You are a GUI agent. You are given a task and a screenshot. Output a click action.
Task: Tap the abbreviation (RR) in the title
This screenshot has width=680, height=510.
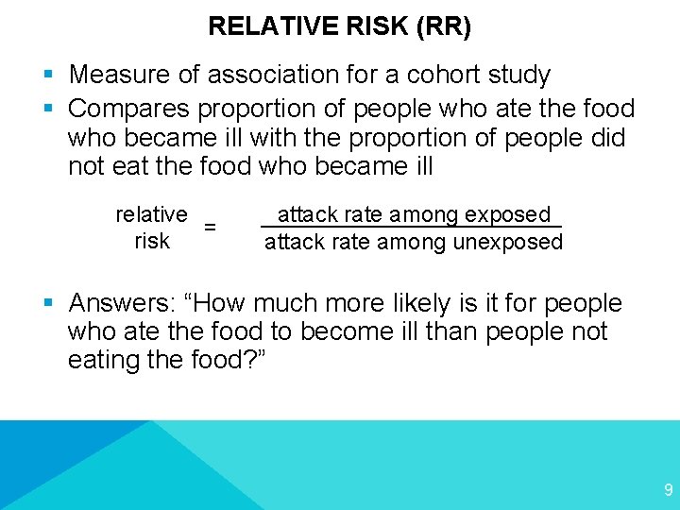[x=443, y=25]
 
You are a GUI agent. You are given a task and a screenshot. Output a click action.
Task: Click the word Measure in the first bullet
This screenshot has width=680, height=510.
[x=115, y=74]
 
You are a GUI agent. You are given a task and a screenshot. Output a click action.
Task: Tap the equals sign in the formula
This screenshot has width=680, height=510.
[x=211, y=228]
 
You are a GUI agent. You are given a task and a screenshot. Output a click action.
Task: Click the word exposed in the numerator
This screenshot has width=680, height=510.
[x=511, y=215]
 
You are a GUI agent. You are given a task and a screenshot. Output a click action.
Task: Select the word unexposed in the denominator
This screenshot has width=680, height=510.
[x=508, y=242]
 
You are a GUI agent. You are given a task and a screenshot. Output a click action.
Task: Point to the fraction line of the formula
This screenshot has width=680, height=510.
[x=411, y=227]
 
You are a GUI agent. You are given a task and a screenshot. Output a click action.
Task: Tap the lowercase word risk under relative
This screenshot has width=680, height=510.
[x=152, y=241]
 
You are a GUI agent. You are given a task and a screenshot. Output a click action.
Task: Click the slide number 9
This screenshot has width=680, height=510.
[x=669, y=490]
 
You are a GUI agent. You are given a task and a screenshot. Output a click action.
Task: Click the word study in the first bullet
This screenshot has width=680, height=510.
[x=518, y=74]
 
